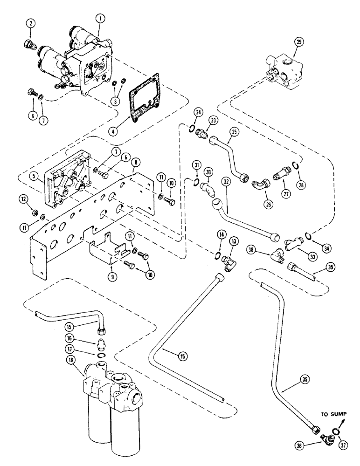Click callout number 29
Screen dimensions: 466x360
point(298,42)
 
